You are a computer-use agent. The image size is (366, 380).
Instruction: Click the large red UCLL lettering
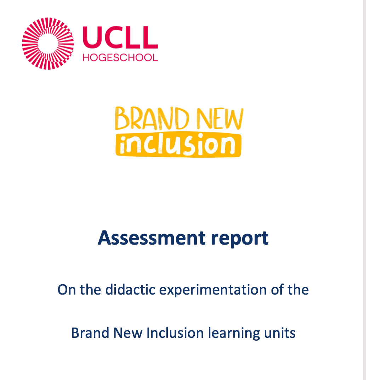120,37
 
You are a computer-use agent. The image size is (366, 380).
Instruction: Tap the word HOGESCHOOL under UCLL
120,57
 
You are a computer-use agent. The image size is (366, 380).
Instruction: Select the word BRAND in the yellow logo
152,118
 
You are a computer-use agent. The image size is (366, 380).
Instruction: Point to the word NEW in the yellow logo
220,118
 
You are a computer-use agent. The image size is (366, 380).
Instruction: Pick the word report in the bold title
240,239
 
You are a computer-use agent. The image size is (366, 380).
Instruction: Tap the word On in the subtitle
67,290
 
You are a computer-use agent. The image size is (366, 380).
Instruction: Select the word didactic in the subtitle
130,289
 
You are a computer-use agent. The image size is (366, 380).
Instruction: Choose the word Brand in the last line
90,333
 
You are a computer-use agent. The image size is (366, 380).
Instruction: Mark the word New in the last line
128,333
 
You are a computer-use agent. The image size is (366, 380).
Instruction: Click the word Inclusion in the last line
175,333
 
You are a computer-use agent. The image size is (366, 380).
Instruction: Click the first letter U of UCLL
91,37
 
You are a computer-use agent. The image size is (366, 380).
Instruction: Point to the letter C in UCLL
113,37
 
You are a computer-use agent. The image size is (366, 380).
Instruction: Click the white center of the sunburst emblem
48,44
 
